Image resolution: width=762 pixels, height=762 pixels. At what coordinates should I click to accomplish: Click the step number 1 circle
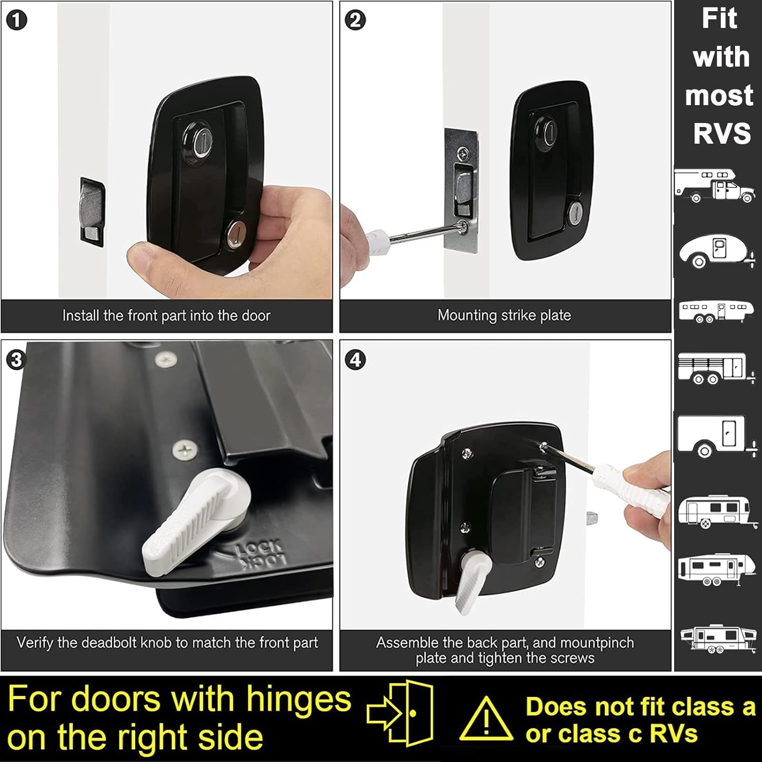tap(17, 21)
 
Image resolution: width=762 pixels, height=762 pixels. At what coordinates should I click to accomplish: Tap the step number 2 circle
tap(355, 21)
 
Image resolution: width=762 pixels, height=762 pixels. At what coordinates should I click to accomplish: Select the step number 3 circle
tap(17, 360)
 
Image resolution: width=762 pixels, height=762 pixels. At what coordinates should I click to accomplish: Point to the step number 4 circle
tap(355, 360)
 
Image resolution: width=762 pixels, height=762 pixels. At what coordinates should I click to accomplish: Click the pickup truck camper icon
tap(714, 186)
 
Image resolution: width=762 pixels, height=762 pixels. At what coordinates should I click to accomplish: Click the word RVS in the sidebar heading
tap(721, 133)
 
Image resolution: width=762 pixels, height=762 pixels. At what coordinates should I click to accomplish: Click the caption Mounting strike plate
tap(504, 315)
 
